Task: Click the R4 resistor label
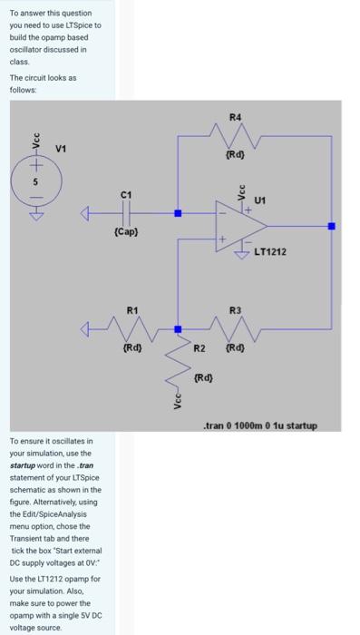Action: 236,117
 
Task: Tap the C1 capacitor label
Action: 126,195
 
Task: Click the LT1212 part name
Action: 270,251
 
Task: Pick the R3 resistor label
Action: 236,310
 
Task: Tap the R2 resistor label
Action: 200,348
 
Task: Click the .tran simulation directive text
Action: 259,425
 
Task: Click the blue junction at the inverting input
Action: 178,214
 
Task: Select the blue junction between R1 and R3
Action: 178,329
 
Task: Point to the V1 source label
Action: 61,149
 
